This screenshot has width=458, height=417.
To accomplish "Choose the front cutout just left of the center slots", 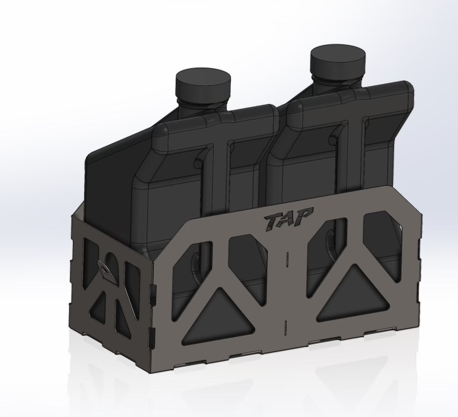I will point(248,262).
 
